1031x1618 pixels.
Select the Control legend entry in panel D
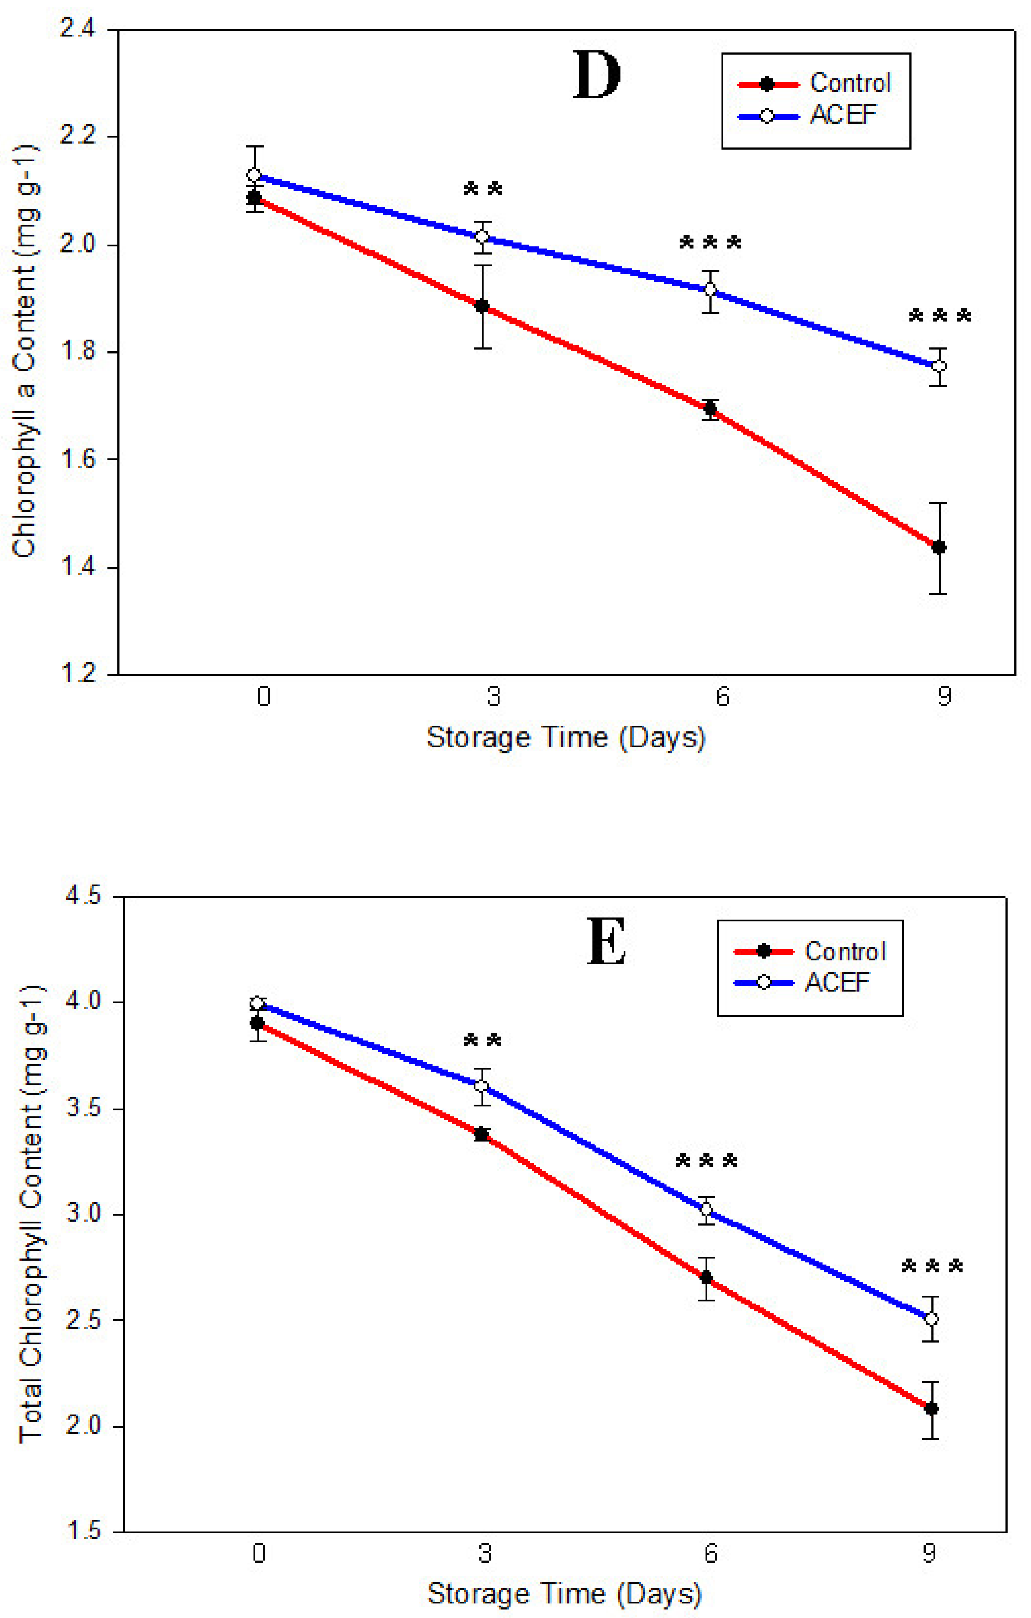pos(849,83)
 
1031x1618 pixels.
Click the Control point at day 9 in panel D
pos(939,548)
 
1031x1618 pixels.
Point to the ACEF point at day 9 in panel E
pos(931,1319)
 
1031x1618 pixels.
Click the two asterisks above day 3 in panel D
pos(483,189)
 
